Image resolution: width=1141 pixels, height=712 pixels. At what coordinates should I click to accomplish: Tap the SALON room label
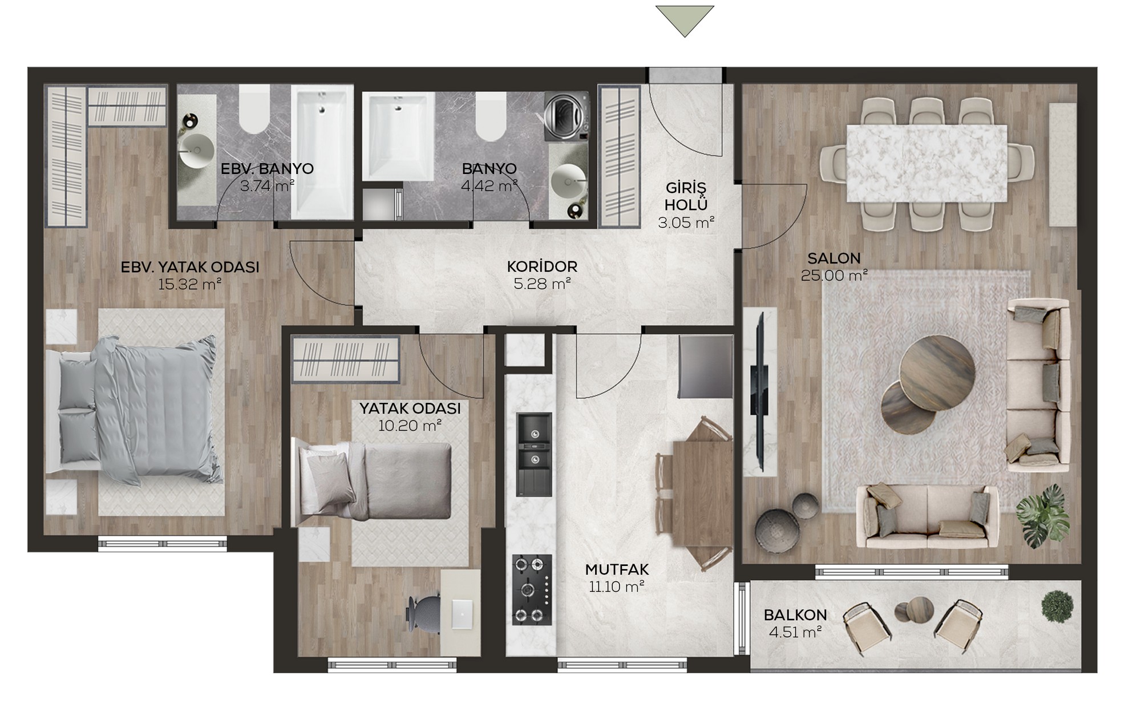(x=834, y=258)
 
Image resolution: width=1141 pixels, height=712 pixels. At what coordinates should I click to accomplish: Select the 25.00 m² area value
(x=834, y=275)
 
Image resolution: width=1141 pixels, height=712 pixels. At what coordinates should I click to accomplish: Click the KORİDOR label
(x=542, y=266)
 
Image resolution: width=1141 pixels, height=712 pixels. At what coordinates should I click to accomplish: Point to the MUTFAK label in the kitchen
(x=617, y=569)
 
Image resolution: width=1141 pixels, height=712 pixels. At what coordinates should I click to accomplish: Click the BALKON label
(x=795, y=615)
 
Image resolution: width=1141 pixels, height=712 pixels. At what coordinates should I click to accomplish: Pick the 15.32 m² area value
(x=189, y=284)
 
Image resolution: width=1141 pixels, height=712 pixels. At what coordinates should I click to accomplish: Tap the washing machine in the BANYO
(x=565, y=116)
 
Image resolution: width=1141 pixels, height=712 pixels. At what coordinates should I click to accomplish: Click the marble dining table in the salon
(x=926, y=163)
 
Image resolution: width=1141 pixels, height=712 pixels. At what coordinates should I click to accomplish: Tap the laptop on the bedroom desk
(x=462, y=614)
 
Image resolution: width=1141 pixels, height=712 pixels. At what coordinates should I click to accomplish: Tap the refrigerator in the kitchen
(x=705, y=366)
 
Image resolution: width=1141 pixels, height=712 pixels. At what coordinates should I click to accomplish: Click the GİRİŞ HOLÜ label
(x=686, y=196)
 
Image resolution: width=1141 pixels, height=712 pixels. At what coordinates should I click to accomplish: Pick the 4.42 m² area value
(x=489, y=185)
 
